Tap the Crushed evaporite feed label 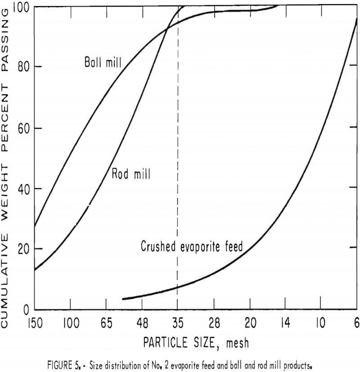(192, 246)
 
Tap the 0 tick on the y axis (26, 310)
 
